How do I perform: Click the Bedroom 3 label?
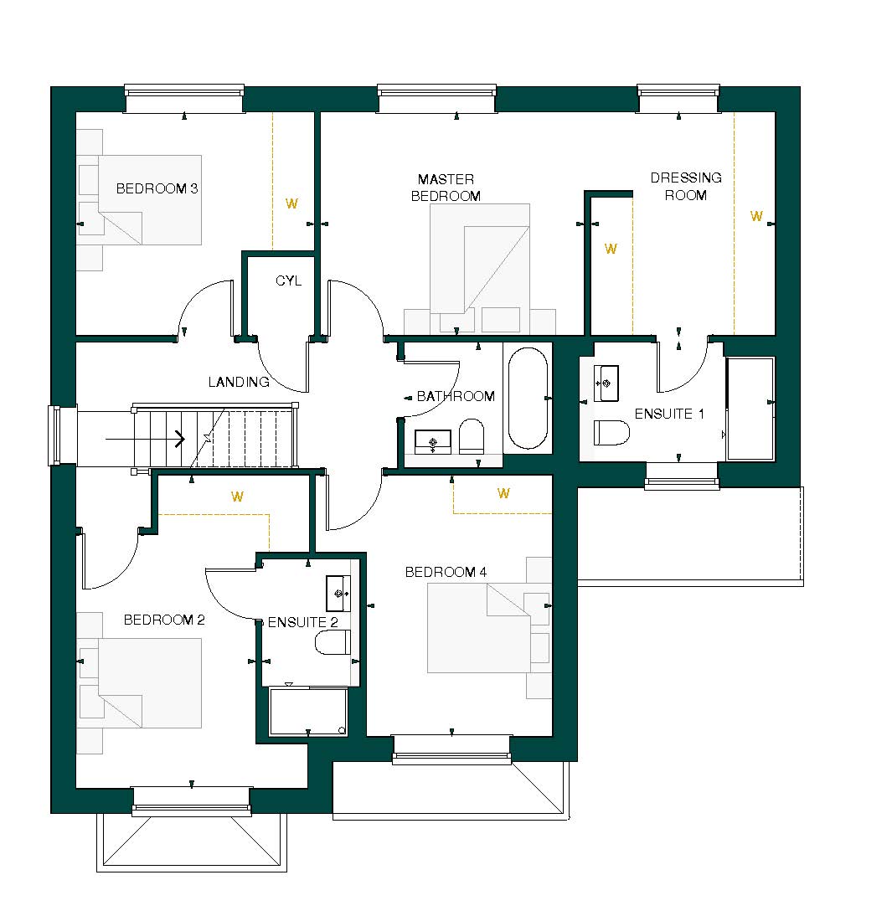157,188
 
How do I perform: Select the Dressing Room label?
685,186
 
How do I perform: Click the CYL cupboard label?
288,281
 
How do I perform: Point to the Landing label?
239,383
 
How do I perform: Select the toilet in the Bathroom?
472,435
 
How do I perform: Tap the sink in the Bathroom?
433,441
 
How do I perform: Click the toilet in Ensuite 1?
611,432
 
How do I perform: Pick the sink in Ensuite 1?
606,383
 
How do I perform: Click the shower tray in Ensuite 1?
750,408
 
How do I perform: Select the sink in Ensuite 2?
339,593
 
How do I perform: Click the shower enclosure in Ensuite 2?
307,712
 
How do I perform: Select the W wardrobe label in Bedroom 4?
503,493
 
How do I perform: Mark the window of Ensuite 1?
682,482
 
